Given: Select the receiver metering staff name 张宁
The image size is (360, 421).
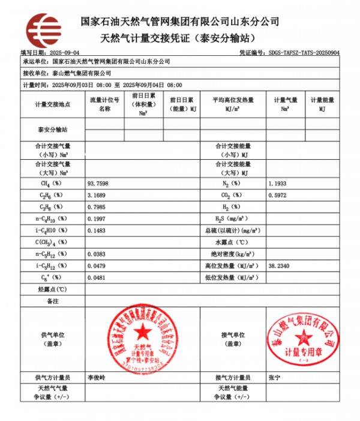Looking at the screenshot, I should point(274,377).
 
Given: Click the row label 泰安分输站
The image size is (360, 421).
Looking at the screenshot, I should point(53,129).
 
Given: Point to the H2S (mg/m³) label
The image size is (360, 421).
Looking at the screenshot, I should point(232,218).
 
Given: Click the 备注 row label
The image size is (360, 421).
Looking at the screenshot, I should point(53,300).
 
